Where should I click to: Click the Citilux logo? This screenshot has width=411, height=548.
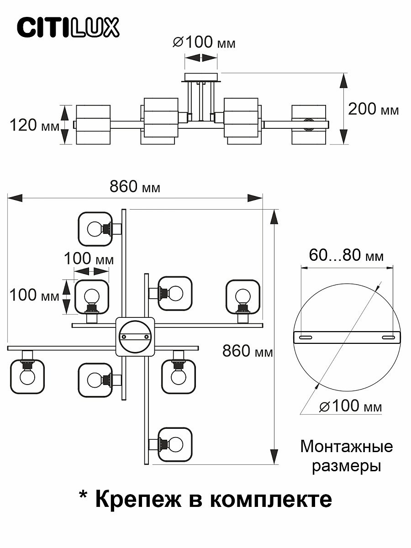point(68,27)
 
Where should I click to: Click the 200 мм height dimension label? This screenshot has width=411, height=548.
point(373,109)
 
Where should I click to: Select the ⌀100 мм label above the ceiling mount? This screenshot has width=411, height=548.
point(204,43)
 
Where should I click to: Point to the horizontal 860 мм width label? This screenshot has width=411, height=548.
point(135,187)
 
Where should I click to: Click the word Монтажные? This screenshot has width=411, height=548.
point(346,446)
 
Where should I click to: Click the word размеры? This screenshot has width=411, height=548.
point(346,466)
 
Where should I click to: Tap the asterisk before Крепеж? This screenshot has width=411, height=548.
point(84,495)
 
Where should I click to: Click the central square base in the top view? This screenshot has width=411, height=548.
point(135,336)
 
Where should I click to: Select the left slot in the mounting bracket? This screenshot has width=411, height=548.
point(305,337)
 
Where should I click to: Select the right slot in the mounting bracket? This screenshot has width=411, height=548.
point(388,337)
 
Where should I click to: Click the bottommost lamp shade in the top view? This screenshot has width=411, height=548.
point(175,443)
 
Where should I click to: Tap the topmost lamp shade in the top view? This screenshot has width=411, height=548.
point(95,228)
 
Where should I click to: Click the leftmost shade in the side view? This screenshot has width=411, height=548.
point(93,125)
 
